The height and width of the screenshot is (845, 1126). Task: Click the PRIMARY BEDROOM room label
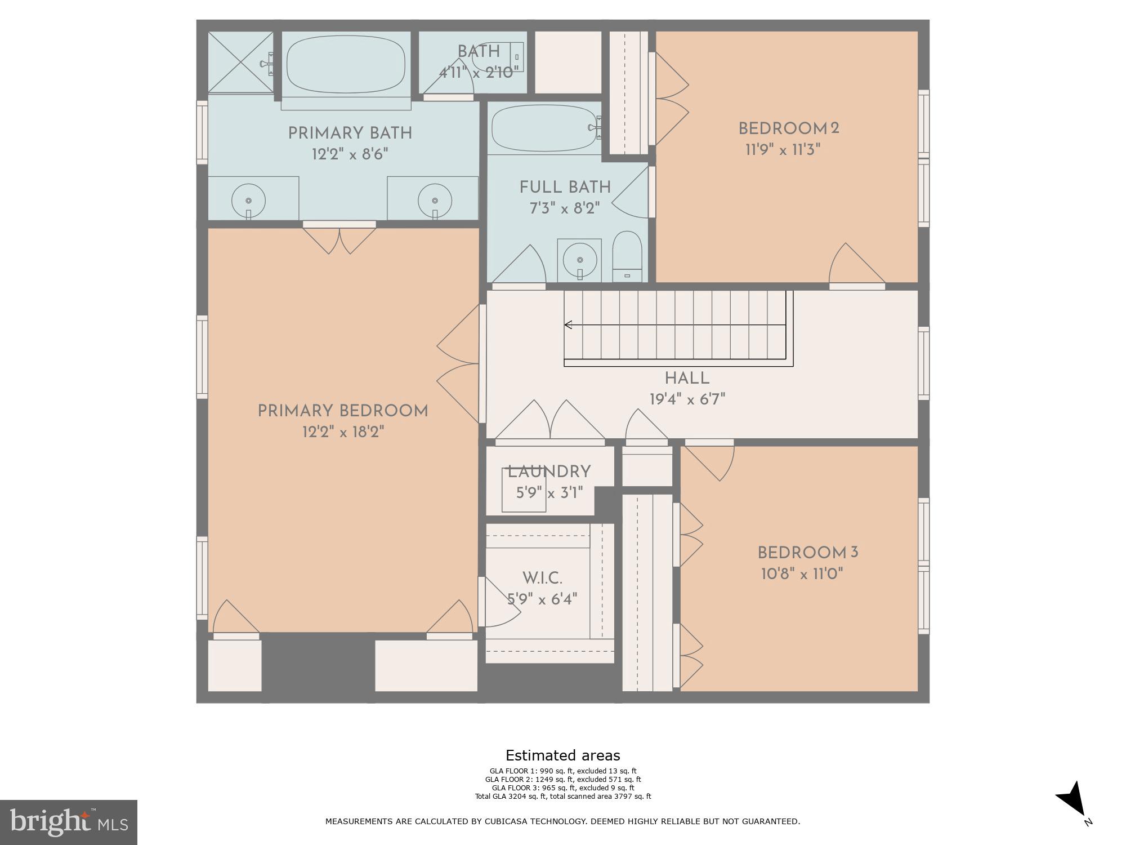pos(343,411)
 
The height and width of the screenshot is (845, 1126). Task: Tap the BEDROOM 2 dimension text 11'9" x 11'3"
pos(783,150)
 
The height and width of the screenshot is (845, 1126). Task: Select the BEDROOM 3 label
pos(807,553)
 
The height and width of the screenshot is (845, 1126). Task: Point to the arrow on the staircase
pos(569,324)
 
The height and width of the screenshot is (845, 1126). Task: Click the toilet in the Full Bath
pos(627,257)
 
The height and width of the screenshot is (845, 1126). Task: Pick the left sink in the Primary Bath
pos(248,201)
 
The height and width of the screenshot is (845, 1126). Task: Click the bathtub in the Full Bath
pos(543,128)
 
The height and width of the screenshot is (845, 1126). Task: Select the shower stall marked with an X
pos(240,62)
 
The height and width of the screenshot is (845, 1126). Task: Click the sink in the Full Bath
pos(579,260)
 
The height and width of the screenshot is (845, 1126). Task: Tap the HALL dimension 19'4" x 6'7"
pos(687,399)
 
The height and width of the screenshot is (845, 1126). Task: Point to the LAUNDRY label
pos(549,472)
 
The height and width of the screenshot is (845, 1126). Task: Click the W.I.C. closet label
pos(542,578)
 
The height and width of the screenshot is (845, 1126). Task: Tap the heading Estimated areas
pos(562,755)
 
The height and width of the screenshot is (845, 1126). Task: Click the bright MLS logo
pos(69,822)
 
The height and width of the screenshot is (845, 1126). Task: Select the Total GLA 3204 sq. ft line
pos(562,796)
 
